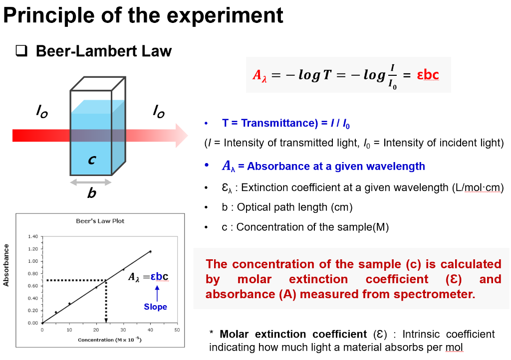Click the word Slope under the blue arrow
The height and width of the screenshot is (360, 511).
click(x=155, y=307)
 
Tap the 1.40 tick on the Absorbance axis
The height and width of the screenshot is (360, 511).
click(x=33, y=236)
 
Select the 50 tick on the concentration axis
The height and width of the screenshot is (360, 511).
click(x=177, y=330)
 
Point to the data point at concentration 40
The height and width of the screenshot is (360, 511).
click(x=150, y=252)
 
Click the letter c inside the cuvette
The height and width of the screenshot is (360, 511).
click(x=92, y=161)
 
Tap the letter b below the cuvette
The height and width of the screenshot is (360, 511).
click(x=91, y=193)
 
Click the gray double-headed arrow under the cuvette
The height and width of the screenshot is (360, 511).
click(x=91, y=182)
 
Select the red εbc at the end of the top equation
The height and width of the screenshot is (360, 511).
click(x=428, y=75)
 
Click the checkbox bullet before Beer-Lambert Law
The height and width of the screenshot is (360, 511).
click(x=21, y=51)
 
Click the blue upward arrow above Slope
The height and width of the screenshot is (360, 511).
click(x=157, y=293)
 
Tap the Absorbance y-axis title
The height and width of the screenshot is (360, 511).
click(x=7, y=265)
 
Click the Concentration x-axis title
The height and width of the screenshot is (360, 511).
click(x=109, y=340)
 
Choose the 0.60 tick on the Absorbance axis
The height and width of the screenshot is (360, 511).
click(x=33, y=286)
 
